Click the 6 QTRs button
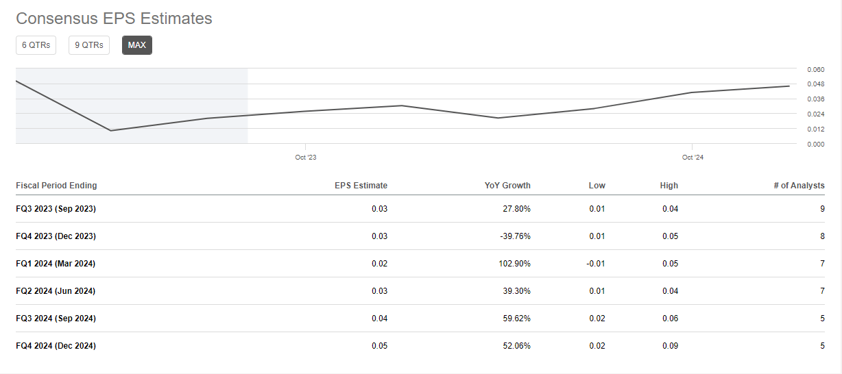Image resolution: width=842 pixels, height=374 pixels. [36, 45]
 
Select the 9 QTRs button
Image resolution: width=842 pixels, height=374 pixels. [89, 45]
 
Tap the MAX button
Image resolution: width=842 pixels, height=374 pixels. [137, 45]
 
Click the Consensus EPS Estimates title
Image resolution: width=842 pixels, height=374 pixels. [114, 18]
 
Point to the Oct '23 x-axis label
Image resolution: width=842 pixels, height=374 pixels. [306, 158]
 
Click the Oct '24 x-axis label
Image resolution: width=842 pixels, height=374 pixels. [693, 158]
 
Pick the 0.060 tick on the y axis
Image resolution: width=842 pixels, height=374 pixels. [815, 69]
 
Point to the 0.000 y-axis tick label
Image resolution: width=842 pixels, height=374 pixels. [815, 144]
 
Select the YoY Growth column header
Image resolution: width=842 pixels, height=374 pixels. [507, 186]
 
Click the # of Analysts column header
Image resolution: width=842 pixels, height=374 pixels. [798, 186]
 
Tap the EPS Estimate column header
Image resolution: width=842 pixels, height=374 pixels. [361, 186]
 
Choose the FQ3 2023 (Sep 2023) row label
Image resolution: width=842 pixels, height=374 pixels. [56, 209]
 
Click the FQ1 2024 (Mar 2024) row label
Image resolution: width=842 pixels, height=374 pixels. [56, 264]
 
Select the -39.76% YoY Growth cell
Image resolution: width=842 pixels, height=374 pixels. [516, 236]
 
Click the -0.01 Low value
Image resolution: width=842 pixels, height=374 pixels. [596, 264]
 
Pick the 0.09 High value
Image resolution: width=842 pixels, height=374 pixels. [670, 346]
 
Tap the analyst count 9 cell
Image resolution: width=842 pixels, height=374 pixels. [822, 209]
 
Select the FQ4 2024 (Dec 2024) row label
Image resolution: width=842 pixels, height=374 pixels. [56, 346]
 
